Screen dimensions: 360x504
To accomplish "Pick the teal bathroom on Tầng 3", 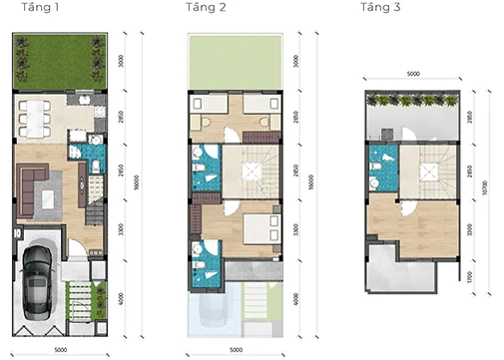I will [x=380, y=169].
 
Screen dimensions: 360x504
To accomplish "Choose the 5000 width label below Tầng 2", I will [x=235, y=350].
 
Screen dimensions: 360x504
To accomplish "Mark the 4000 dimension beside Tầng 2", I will [x=296, y=298].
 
